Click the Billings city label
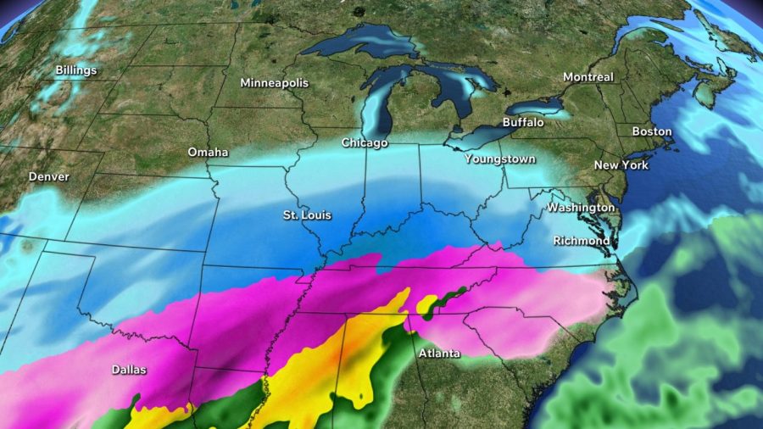(x=76, y=70)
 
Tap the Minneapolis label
(x=275, y=83)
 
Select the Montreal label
(x=588, y=77)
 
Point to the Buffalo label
(x=523, y=123)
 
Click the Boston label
(x=652, y=131)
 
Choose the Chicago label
(x=365, y=142)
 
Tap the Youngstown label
(x=499, y=159)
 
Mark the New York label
(x=621, y=164)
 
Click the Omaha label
(x=208, y=153)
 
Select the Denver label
(x=49, y=177)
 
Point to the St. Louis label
(x=307, y=215)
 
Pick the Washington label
(x=581, y=208)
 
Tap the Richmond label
(x=581, y=241)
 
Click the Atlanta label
(x=439, y=353)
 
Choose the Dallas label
(x=129, y=370)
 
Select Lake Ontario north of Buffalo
(x=535, y=107)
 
